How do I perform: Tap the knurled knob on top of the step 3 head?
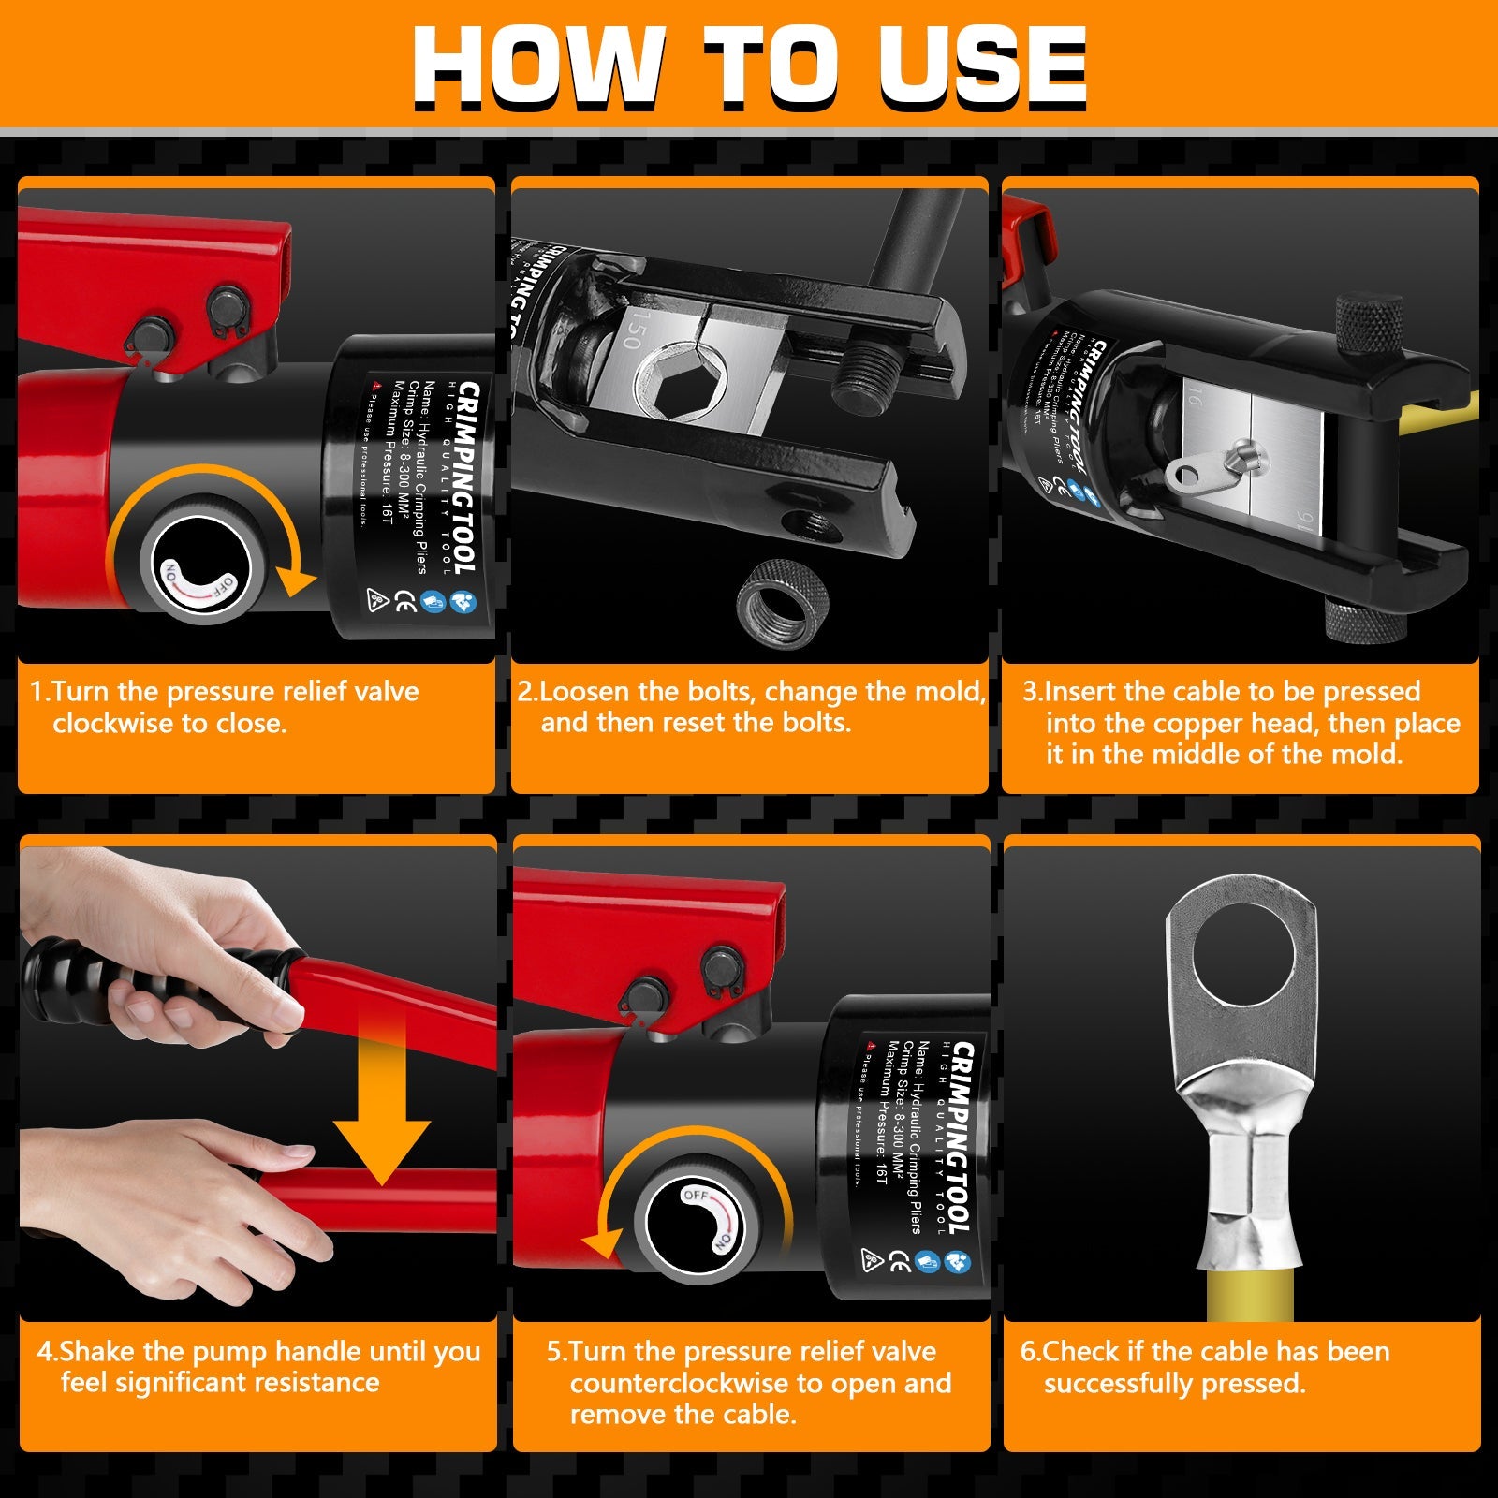pos(1368,322)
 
